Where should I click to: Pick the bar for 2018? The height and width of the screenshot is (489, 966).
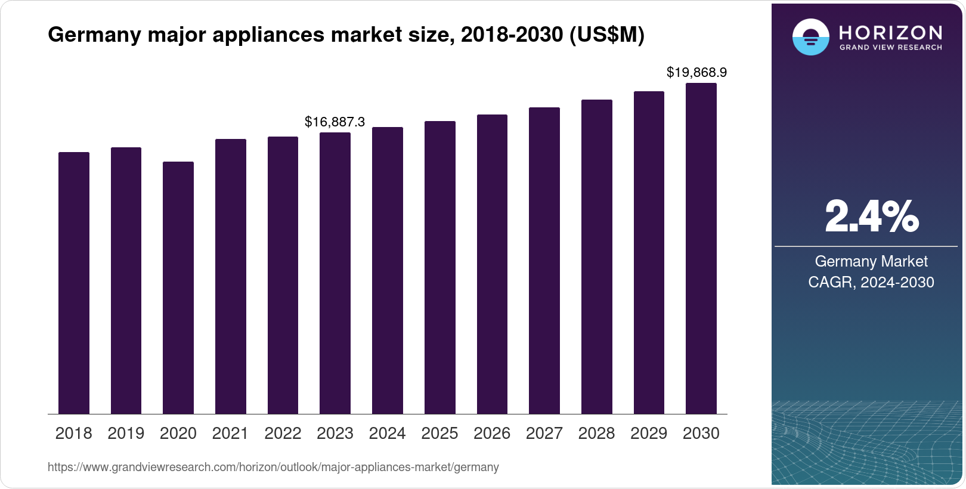pos(73,283)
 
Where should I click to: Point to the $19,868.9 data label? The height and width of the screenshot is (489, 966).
pos(696,73)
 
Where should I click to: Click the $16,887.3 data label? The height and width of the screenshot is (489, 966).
pos(335,122)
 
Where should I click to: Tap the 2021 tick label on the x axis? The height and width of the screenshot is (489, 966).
pos(230,434)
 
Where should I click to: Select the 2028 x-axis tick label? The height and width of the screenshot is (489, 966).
pos(596,434)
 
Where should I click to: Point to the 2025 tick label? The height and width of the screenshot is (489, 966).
pos(439,434)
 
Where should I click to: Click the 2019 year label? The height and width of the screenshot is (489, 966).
pos(126,434)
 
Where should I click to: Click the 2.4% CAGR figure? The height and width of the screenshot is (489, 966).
pos(871,217)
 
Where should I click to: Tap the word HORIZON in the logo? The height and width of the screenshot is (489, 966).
pos(890,32)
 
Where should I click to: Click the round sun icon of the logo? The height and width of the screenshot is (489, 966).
pos(810,37)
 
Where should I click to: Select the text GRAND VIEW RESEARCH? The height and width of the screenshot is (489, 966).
pos(890,47)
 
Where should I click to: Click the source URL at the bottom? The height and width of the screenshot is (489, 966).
pos(273,467)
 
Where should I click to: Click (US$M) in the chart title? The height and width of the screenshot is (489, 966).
pos(607,35)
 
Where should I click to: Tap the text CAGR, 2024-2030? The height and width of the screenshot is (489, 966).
pos(871,282)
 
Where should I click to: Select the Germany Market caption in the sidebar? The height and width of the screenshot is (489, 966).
pos(871,261)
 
